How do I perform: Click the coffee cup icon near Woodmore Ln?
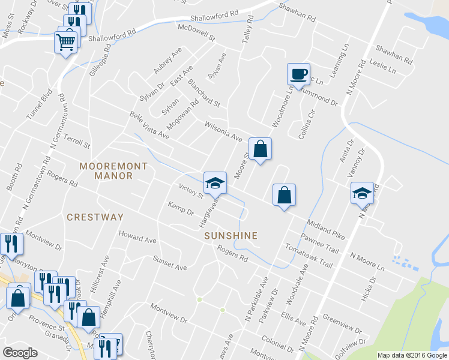[x=298, y=74]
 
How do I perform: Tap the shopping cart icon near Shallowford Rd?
[x=66, y=41]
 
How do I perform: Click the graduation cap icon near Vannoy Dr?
[x=362, y=193]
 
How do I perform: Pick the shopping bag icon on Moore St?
[x=260, y=148]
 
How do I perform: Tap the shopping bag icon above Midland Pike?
[x=284, y=195]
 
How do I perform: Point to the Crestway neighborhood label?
[x=95, y=217]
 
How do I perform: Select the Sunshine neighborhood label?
[x=231, y=236]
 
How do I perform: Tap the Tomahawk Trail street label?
[x=309, y=255]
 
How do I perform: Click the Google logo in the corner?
[x=20, y=352]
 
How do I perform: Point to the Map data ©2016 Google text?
[x=412, y=355]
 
